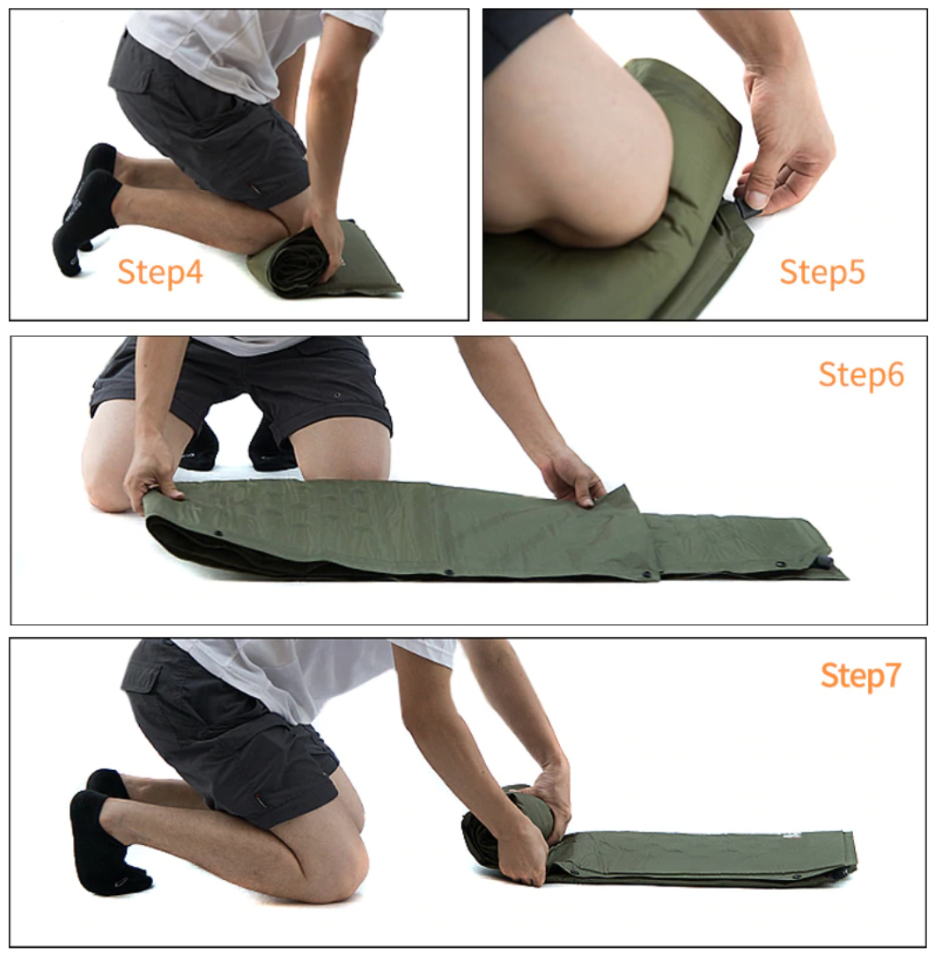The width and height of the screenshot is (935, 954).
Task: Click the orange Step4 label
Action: (159, 272)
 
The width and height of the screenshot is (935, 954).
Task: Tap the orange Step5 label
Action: (821, 271)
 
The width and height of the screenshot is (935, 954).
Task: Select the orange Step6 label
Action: (861, 374)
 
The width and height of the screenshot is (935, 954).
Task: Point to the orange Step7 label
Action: (860, 676)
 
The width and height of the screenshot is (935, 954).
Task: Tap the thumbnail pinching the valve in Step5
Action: (756, 198)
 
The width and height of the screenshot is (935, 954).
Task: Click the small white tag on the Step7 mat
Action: (790, 837)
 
